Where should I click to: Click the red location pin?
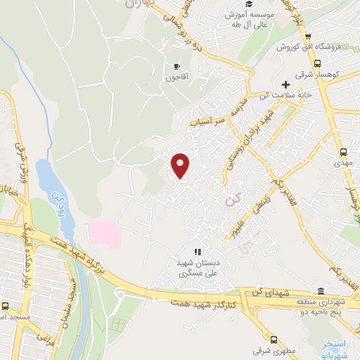pos(181,165)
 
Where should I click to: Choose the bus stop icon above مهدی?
pos(343,151)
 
